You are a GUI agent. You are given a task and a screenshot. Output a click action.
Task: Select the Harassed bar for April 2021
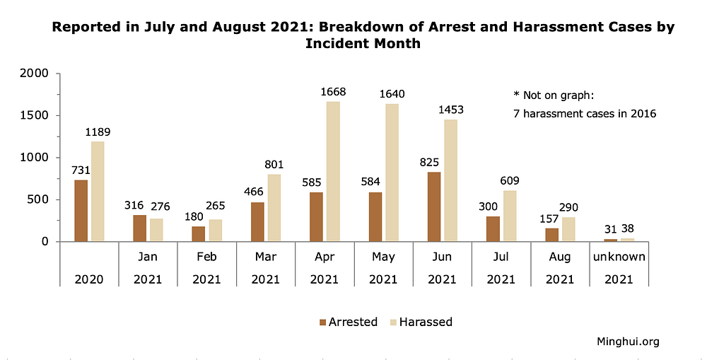[x=333, y=171]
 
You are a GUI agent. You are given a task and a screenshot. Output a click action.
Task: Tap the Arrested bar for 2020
[x=81, y=211]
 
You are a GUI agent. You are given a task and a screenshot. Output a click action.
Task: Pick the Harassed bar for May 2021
[x=392, y=173]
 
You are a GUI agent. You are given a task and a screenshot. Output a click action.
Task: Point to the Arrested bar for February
[x=199, y=233]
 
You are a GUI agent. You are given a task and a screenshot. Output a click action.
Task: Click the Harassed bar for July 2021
[x=509, y=216]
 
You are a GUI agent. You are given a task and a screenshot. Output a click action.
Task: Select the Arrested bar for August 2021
[x=552, y=235]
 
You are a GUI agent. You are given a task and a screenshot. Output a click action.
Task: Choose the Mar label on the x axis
[x=265, y=257]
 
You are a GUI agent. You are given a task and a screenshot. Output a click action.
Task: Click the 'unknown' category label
[x=619, y=257]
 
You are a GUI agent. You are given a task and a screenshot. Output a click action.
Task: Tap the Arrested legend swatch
[x=323, y=322]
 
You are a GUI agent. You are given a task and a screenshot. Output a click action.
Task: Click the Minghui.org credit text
[x=628, y=342]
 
